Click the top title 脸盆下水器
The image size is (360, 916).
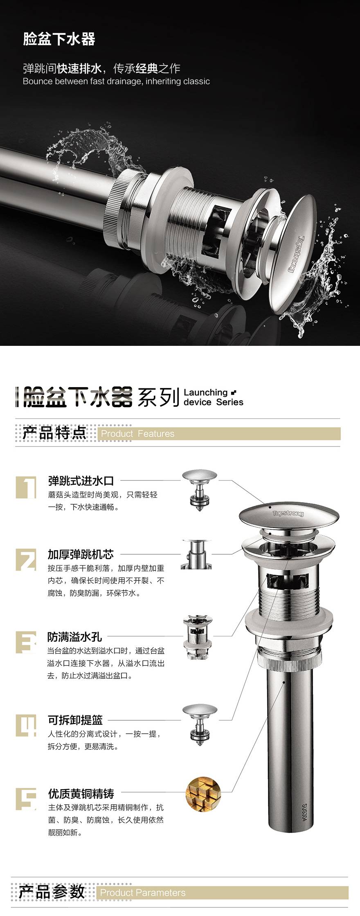click(x=59, y=39)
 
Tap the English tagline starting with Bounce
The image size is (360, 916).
click(x=116, y=81)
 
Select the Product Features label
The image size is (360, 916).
click(x=137, y=433)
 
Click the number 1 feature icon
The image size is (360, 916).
click(x=26, y=487)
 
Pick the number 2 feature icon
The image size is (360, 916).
click(x=26, y=560)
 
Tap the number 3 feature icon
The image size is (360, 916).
click(x=26, y=642)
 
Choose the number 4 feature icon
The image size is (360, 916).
click(x=26, y=725)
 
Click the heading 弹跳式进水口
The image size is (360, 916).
click(x=81, y=481)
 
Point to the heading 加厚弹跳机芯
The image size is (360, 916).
click(x=81, y=554)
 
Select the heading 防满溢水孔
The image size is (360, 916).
click(x=74, y=637)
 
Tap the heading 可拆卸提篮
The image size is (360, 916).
click(x=75, y=720)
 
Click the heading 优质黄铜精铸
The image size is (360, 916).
click(x=81, y=794)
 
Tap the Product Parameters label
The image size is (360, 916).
click(x=143, y=893)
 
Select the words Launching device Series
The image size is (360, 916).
click(x=214, y=397)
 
